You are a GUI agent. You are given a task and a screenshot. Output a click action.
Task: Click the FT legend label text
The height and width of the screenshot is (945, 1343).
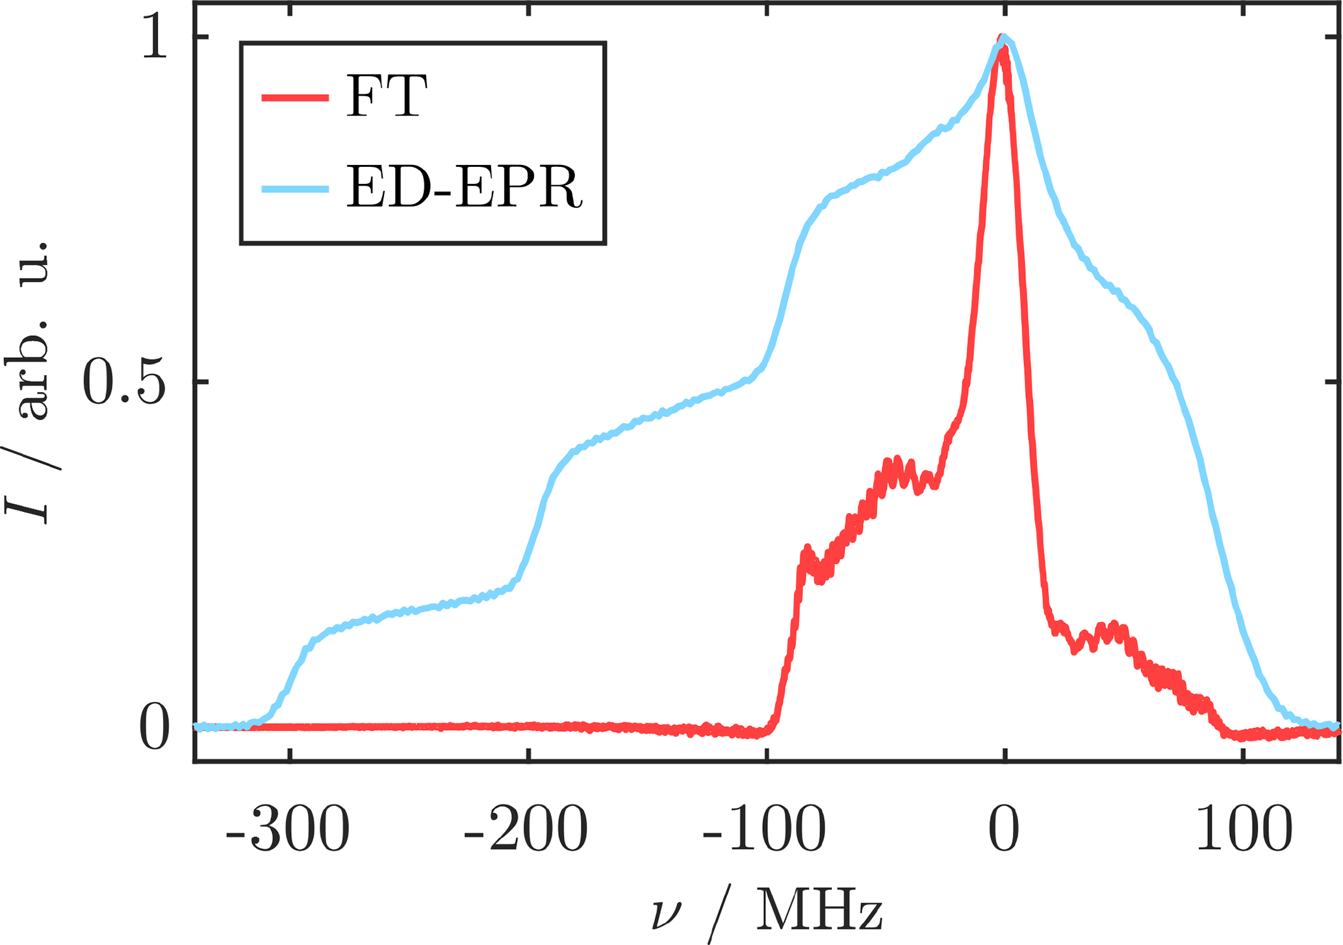(x=386, y=96)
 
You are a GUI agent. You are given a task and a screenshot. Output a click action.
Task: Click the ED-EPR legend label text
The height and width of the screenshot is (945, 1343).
(x=464, y=188)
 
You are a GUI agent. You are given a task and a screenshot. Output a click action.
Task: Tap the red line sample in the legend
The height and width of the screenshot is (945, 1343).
(x=295, y=98)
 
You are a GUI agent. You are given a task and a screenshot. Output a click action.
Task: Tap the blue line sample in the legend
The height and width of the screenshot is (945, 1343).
(x=295, y=189)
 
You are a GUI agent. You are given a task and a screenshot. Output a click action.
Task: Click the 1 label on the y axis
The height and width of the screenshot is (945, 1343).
(x=155, y=39)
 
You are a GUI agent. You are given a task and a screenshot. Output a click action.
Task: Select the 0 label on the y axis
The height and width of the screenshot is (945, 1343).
(x=155, y=729)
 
